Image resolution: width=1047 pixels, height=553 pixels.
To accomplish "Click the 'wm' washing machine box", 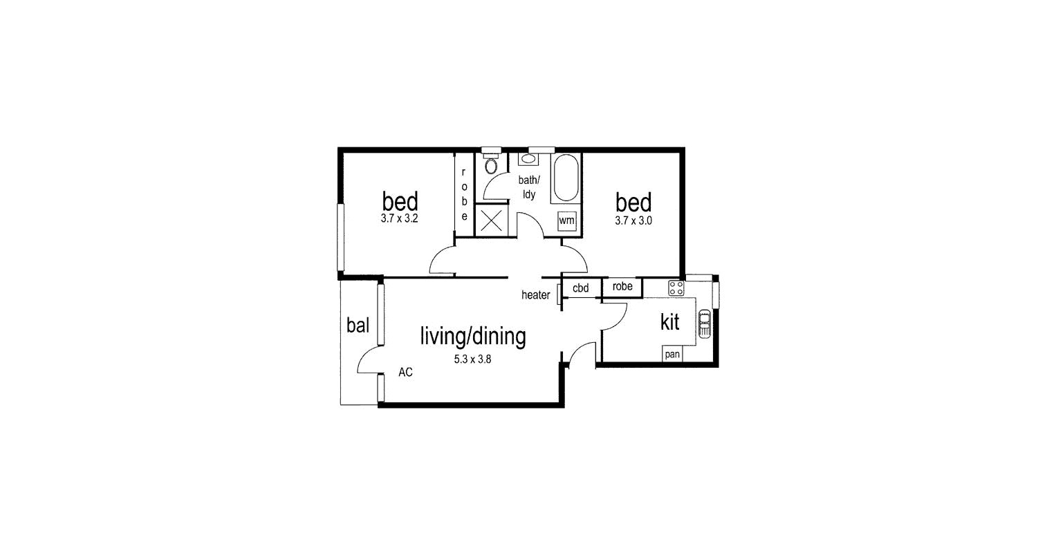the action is click(566, 221).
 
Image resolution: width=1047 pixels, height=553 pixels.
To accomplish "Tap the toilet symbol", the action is click(491, 163).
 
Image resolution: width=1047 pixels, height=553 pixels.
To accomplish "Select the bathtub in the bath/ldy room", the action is click(566, 178).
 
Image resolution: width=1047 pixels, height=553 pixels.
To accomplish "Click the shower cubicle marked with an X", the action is click(491, 221).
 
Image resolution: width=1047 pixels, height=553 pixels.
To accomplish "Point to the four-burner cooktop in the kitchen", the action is click(676, 288).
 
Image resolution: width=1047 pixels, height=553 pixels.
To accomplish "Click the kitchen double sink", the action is click(704, 324).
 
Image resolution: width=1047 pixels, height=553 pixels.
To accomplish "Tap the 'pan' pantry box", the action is click(672, 354).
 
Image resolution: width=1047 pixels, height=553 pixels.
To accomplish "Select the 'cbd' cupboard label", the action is click(580, 288).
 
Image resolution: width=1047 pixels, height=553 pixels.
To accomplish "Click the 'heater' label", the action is click(536, 294).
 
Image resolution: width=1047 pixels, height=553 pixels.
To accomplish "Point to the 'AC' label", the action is click(405, 373).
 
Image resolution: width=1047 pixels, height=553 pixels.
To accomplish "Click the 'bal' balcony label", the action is click(358, 325).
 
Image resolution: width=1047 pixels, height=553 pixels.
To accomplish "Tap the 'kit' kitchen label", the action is click(669, 322).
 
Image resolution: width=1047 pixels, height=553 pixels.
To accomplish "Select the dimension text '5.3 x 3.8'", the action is click(472, 359).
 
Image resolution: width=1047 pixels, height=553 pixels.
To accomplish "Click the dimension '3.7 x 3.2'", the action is click(399, 218).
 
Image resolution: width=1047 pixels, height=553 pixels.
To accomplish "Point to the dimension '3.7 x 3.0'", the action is click(633, 221).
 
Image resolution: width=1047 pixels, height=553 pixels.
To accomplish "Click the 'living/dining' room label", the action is click(473, 336).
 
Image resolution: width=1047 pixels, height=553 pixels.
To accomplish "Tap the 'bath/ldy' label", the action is click(529, 187).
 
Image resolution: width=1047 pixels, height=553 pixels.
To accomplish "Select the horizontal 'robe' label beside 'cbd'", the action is click(622, 286).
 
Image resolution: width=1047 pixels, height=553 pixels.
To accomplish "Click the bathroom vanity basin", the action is click(528, 159).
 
